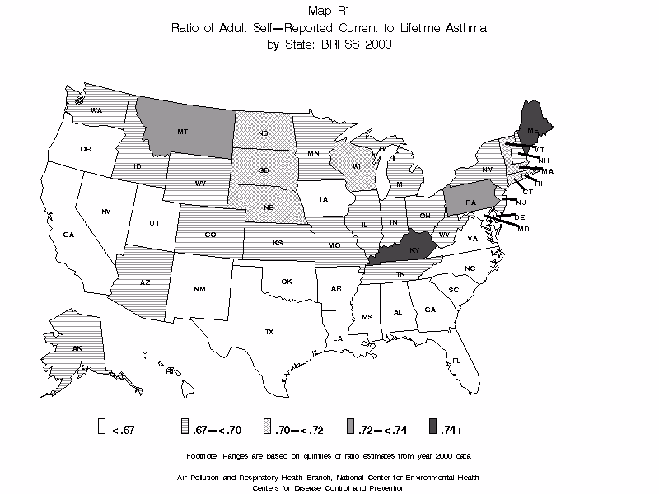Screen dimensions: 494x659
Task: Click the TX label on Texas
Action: pos(269,331)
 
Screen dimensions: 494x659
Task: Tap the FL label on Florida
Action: pos(456,360)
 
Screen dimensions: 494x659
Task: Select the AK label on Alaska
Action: pos(77,348)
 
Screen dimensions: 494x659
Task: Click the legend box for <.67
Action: pos(101,426)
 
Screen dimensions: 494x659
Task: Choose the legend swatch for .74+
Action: pos(433,426)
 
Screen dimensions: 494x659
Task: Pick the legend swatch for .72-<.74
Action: pos(350,426)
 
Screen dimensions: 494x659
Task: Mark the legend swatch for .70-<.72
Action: pos(267,426)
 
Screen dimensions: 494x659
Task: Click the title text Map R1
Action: pos(329,12)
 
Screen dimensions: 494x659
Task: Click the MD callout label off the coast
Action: pos(523,228)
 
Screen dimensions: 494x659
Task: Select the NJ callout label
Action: pos(521,202)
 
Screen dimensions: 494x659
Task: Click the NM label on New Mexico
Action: pos(200,289)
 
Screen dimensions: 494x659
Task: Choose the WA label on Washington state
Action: pos(96,110)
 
